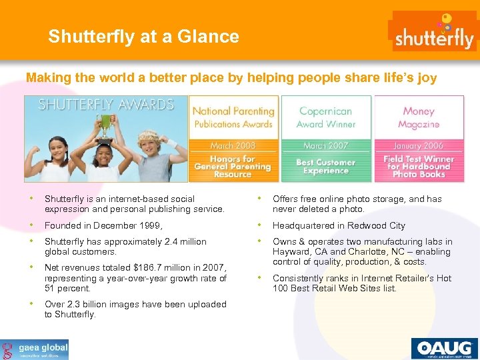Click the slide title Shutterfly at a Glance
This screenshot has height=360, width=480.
pyautogui.click(x=143, y=36)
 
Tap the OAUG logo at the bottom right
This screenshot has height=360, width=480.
pyautogui.click(x=444, y=348)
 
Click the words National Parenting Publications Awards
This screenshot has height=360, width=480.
pyautogui.click(x=233, y=117)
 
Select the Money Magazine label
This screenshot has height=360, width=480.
pyautogui.click(x=419, y=117)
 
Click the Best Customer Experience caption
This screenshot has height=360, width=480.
pyautogui.click(x=326, y=167)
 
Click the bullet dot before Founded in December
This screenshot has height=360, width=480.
pyautogui.click(x=32, y=225)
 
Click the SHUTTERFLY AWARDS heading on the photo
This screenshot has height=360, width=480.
pyautogui.click(x=105, y=105)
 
